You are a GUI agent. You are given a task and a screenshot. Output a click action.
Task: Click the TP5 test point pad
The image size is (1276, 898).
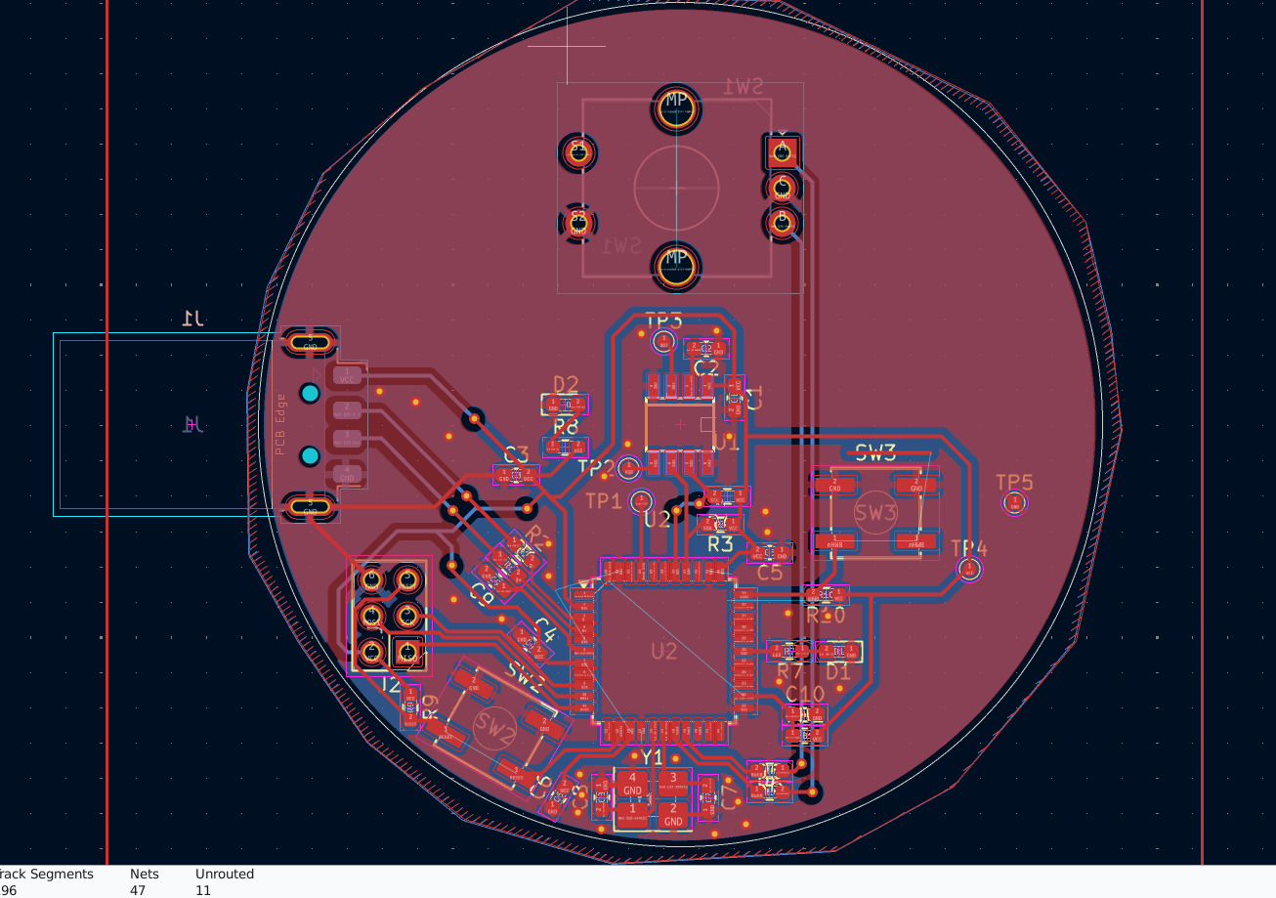point(1014,503)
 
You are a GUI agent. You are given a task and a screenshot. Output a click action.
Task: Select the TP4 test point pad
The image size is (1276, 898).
point(969,569)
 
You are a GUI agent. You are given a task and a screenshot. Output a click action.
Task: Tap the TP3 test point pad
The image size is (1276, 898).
point(663,341)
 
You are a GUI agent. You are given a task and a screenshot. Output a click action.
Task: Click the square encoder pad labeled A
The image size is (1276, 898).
point(781,151)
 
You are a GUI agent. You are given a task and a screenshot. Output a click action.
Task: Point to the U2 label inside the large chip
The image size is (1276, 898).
point(663,651)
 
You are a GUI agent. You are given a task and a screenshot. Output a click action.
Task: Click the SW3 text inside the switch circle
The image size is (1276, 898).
point(874,512)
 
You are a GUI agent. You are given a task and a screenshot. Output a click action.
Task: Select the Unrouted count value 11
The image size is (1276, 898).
point(203,890)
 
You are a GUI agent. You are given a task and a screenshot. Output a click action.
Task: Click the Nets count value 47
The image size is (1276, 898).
point(138,890)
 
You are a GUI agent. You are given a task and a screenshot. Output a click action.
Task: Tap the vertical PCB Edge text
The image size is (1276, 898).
point(281,424)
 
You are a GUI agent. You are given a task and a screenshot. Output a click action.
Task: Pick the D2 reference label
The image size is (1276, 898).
point(566,384)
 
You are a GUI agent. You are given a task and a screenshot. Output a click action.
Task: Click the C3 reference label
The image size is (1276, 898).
point(516,454)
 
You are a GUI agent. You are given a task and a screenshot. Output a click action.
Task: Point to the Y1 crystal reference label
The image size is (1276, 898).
point(652,757)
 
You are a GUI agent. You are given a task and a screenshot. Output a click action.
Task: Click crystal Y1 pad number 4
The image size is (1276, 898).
point(632,785)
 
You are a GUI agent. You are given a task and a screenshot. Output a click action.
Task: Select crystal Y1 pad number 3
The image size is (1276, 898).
point(673,785)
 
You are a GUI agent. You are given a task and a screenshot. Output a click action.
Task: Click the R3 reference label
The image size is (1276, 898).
point(720,544)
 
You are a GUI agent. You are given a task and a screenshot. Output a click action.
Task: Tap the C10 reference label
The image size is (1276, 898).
point(805,694)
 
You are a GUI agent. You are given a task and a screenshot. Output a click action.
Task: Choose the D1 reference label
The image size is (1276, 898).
point(838,672)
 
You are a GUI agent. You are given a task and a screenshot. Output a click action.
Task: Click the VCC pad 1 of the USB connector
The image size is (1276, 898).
point(348,375)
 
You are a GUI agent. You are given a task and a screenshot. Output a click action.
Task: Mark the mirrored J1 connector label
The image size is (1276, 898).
point(191,319)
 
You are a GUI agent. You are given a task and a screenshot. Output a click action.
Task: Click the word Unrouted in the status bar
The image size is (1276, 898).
point(225,874)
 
